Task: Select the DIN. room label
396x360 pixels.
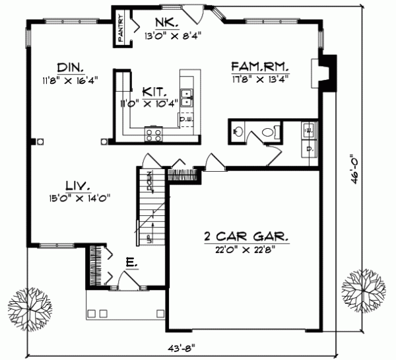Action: coord(69,67)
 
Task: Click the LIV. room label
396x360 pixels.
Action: coord(78,184)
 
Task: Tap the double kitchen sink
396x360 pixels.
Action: coord(187,98)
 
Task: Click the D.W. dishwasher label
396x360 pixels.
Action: coord(185,120)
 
